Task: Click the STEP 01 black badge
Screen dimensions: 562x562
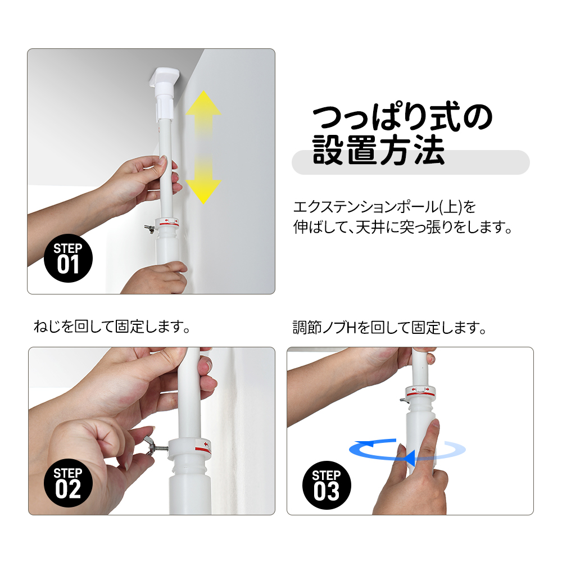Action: [x=68, y=259]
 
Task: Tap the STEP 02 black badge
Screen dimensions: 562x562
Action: [x=68, y=483]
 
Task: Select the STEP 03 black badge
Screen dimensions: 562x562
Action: [x=327, y=485]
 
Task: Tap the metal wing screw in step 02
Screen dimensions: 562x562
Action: [x=154, y=446]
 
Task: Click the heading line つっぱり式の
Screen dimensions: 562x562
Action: [x=402, y=117]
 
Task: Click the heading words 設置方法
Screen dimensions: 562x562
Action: [x=378, y=150]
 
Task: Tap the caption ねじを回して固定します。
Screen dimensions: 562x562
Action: [x=112, y=327]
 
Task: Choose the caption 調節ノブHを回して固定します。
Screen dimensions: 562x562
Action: [x=389, y=328]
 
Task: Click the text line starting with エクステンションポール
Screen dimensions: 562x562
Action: [x=384, y=207]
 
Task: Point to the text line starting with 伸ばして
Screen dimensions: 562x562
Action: [x=402, y=227]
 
